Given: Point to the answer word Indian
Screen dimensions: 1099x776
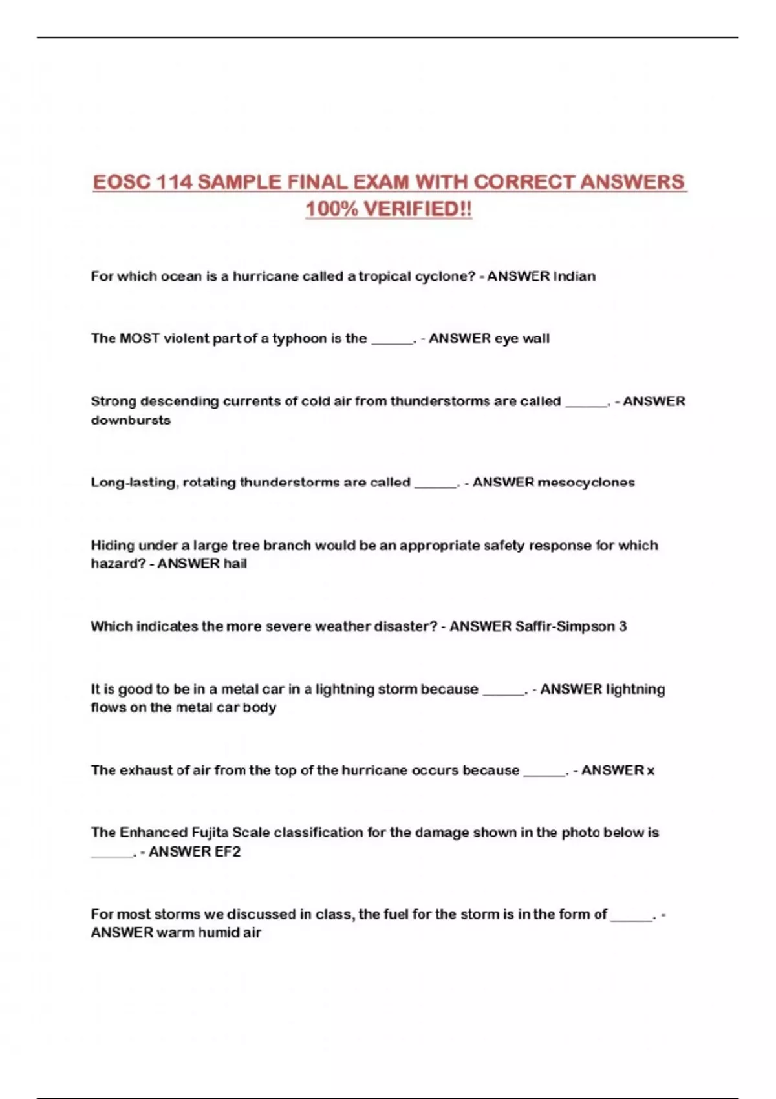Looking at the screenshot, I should [x=574, y=276].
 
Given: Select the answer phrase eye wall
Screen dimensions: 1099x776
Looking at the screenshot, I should [x=522, y=339].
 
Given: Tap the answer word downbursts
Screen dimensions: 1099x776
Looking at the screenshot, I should [x=131, y=420].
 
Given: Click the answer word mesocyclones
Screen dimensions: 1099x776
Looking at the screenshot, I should [x=586, y=482].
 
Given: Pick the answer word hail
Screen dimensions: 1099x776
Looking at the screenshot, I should [x=235, y=564].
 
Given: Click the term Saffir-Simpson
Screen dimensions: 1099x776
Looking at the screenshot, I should [x=565, y=626].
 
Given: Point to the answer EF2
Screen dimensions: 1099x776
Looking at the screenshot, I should [x=227, y=852].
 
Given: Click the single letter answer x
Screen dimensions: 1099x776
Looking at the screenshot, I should [x=651, y=771].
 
